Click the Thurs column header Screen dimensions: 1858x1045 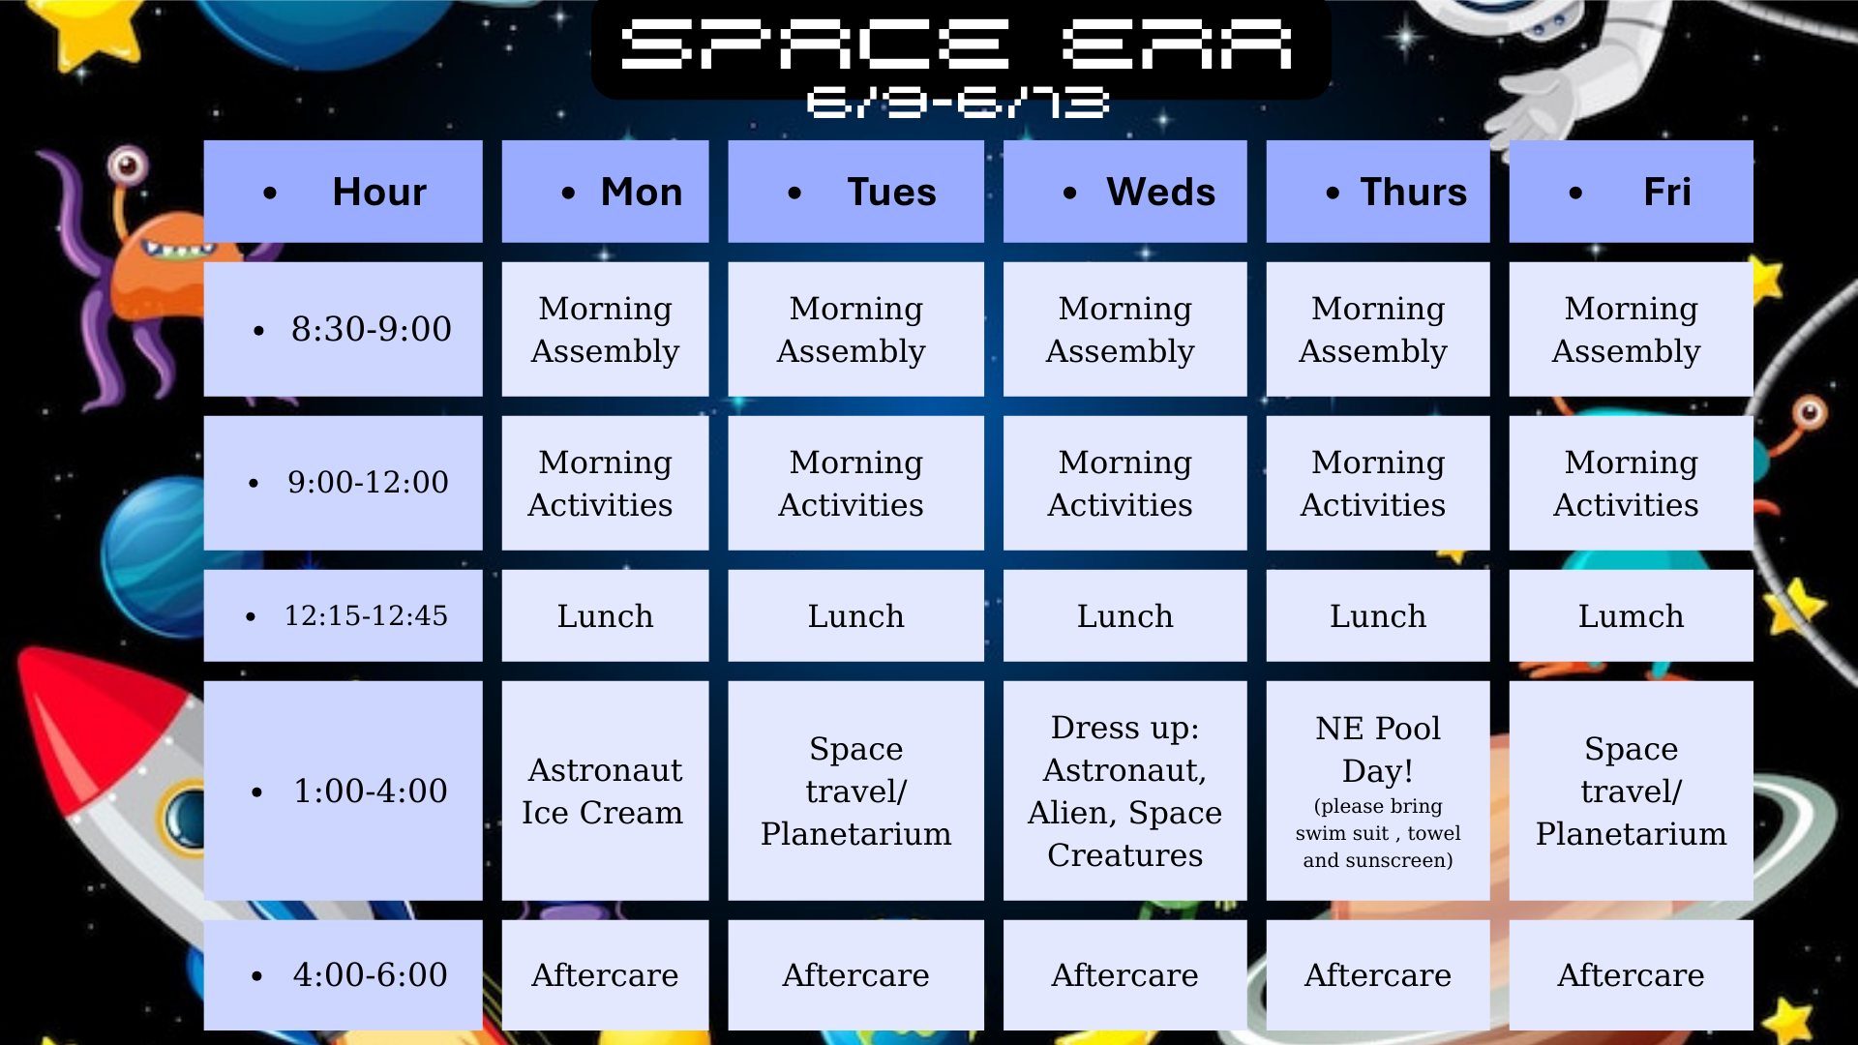tap(1377, 192)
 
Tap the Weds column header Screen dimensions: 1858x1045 tap(1124, 192)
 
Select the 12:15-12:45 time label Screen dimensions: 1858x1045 tap(366, 615)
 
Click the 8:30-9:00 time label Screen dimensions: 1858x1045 tap(372, 329)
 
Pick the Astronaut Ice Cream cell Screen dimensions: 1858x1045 tap(605, 791)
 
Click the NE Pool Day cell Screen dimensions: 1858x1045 tap(1377, 791)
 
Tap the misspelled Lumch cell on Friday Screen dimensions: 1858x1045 tap(1631, 615)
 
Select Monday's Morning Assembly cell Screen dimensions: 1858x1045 tap(605, 329)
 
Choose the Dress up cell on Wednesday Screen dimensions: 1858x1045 tap(1124, 791)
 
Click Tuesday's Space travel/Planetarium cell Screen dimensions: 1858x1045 tap(855, 791)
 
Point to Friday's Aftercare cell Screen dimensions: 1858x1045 tap(1631, 974)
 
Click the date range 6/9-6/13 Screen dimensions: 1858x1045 tap(957, 103)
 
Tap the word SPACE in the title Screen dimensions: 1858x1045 tap(815, 45)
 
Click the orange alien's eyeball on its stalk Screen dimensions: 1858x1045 tap(128, 165)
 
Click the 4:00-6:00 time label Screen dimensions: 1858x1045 tap(371, 974)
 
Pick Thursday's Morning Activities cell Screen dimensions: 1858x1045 tap(1377, 483)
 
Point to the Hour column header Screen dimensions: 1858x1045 tap(343, 192)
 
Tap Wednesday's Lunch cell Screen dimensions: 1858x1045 tap(1124, 615)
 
